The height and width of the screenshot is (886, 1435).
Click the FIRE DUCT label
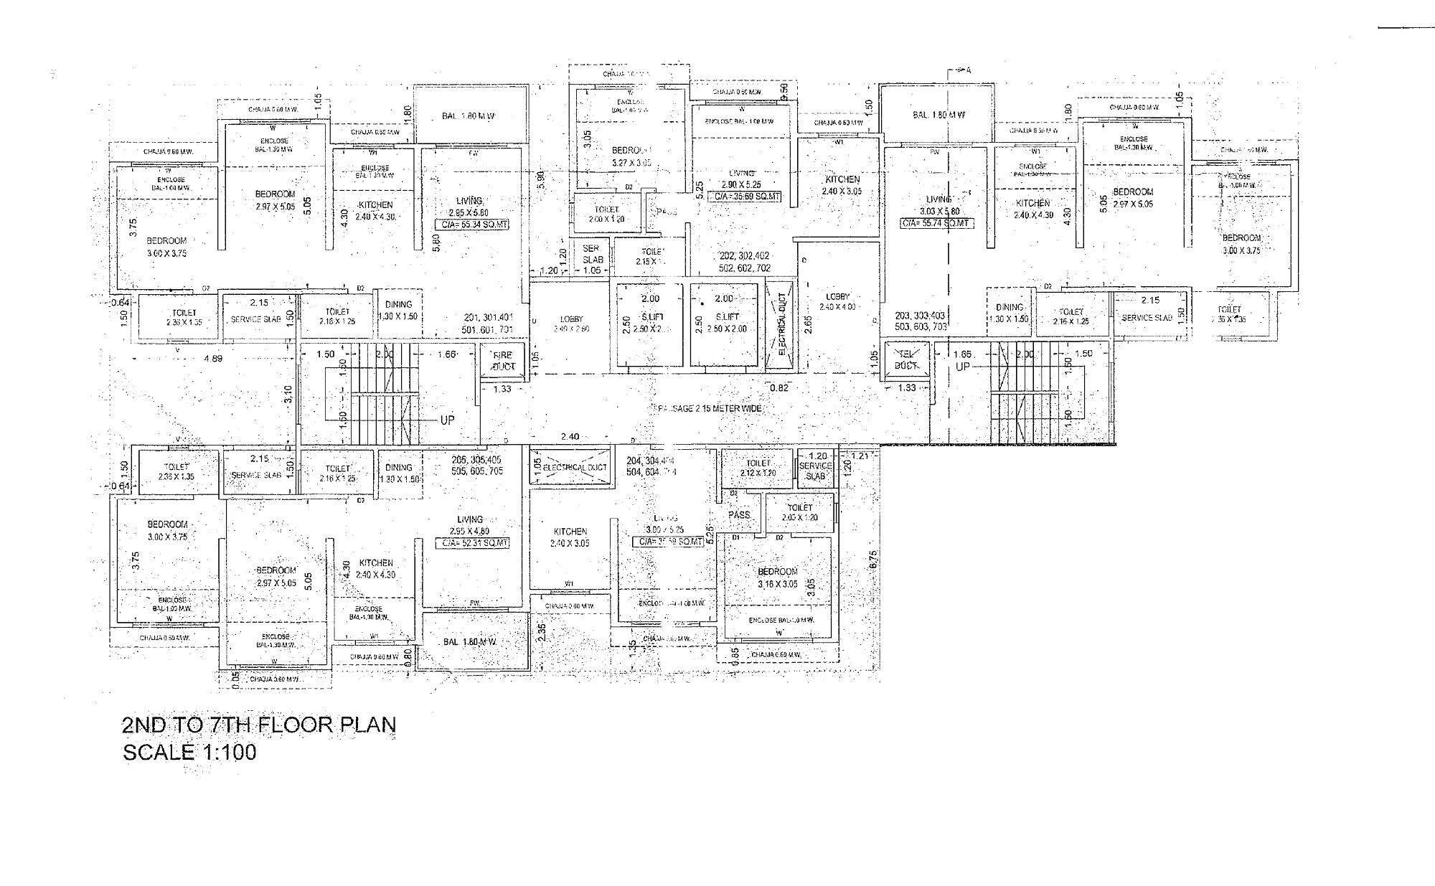coord(503,360)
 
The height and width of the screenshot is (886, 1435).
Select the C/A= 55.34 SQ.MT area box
coord(472,225)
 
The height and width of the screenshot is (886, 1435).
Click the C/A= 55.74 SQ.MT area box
coord(937,223)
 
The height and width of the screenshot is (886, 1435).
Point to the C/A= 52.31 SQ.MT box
coord(474,543)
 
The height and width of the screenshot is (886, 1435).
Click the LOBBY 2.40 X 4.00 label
coord(837,301)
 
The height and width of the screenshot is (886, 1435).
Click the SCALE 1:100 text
coord(189,753)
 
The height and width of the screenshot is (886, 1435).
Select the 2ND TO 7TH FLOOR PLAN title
coord(259,725)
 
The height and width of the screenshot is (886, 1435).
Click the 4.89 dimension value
coord(212,358)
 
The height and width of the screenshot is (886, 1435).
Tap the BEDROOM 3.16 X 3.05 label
coord(778,578)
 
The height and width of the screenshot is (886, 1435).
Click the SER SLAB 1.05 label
coord(592,259)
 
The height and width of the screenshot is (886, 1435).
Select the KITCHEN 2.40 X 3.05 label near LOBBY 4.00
coord(842,185)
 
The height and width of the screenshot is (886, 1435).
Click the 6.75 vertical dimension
coord(873,558)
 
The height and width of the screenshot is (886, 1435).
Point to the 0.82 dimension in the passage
coord(778,388)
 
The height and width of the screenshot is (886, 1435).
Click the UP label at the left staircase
coord(446,420)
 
